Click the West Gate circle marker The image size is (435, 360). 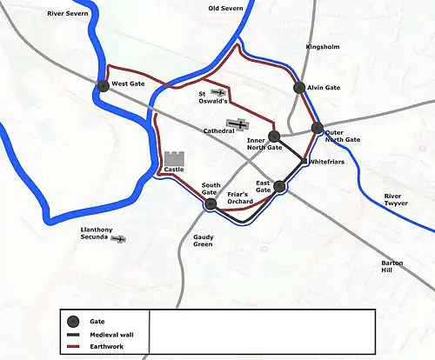[x=104, y=85]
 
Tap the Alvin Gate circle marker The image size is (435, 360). [x=299, y=88]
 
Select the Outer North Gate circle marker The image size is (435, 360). [x=318, y=128]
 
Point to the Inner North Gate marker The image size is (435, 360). [x=274, y=136]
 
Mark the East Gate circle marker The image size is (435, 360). [x=279, y=186]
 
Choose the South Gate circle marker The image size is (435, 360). [x=210, y=204]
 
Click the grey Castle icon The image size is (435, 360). [x=174, y=162]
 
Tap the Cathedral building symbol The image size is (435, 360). [x=238, y=126]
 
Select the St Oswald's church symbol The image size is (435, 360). [x=219, y=92]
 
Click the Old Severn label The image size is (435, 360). [x=225, y=8]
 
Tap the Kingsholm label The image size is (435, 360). [x=321, y=47]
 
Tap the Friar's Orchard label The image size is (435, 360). [x=238, y=198]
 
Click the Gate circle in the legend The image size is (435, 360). [x=74, y=321]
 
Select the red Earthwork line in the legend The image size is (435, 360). [x=74, y=348]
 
